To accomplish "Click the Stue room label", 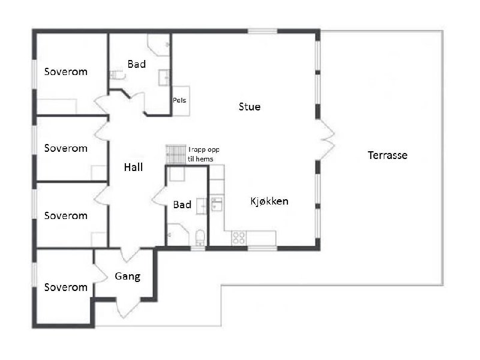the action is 250,107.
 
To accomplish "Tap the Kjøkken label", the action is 269,201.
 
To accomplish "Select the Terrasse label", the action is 388,155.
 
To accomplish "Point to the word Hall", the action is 133,167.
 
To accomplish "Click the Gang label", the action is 128,277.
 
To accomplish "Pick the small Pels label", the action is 179,100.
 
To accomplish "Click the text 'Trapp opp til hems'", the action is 203,154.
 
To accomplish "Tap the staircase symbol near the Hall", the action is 176,155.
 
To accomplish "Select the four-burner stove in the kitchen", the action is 239,238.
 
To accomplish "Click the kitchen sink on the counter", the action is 217,204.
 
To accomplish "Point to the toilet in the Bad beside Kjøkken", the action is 200,238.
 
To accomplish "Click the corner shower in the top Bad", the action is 158,44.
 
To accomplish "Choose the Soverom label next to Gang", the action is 66,287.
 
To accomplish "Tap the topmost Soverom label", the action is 66,71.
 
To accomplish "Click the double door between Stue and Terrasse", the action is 326,140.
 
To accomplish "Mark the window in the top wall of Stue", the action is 262,31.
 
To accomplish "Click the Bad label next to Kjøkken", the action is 182,205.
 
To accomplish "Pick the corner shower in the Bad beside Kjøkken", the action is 178,235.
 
